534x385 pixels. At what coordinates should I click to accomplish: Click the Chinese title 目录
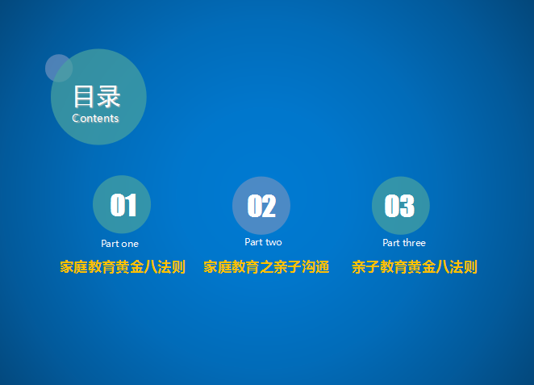coord(97,96)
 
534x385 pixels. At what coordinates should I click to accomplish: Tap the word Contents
coord(95,118)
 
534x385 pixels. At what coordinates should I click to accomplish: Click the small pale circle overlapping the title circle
coord(59,68)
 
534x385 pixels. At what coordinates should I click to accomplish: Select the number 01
coord(123,205)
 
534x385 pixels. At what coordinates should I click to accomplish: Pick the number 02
coord(261,206)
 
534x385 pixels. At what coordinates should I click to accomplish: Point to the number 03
coord(399,206)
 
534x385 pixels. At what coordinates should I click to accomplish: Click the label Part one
coord(120,244)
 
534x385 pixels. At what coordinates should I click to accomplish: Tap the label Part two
coord(263,242)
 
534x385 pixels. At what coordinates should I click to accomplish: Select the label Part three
coord(404,243)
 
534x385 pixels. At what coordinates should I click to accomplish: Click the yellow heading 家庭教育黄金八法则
coord(123,266)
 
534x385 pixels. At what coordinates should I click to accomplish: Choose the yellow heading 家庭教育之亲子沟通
coord(266,266)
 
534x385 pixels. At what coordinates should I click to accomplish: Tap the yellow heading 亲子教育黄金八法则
coord(415,266)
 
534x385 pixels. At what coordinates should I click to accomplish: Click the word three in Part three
coord(414,243)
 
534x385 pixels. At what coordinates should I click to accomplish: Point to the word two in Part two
coord(273,242)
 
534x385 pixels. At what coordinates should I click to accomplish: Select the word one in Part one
coord(130,244)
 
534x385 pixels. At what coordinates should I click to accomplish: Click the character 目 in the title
coord(83,96)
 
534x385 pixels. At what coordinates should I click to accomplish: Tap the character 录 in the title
coord(109,96)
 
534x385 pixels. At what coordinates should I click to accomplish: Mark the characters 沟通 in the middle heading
coord(315,266)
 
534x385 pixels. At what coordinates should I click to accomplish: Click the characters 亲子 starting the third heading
coord(365,266)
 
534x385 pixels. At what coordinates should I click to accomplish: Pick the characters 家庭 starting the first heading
coord(73,266)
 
